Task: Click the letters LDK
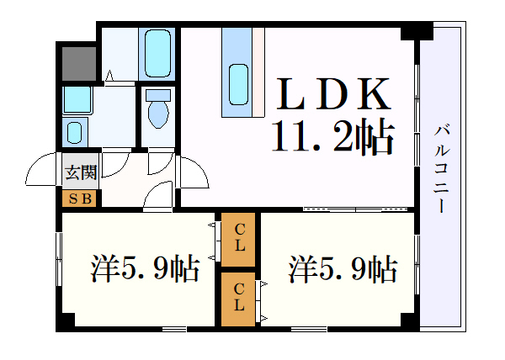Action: pyautogui.click(x=333, y=94)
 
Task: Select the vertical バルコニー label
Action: pyautogui.click(x=441, y=168)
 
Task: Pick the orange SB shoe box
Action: pyautogui.click(x=81, y=199)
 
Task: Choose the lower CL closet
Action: pyautogui.click(x=240, y=297)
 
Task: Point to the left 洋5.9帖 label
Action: pyautogui.click(x=145, y=269)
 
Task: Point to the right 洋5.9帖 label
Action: pyautogui.click(x=343, y=269)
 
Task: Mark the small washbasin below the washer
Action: pyautogui.click(x=76, y=133)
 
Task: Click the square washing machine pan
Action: pyautogui.click(x=77, y=101)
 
